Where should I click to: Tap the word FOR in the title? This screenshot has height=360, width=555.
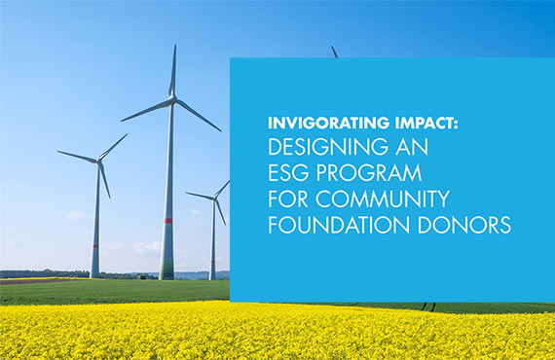click(290, 199)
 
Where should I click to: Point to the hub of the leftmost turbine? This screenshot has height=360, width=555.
click(99, 162)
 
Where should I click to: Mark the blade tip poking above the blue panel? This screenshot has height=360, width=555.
click(334, 51)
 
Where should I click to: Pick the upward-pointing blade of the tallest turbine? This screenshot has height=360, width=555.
click(173, 70)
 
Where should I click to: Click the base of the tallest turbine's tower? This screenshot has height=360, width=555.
click(166, 276)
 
